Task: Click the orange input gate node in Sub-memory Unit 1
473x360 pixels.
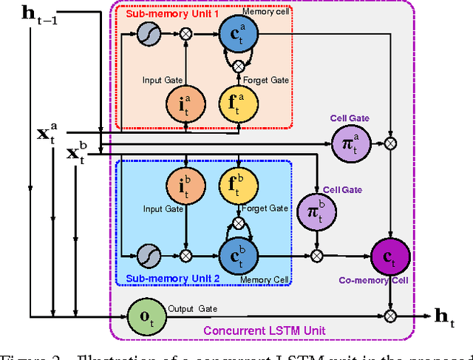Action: point(186,102)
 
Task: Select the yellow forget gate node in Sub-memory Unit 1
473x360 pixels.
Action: point(238,102)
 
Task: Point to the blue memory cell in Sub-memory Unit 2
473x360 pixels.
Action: point(238,254)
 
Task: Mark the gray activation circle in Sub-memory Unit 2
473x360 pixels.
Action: point(144,254)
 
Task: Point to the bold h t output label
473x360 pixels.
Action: point(445,316)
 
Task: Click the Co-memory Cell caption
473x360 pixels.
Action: point(387,281)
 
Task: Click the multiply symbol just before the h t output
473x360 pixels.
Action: point(390,314)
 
